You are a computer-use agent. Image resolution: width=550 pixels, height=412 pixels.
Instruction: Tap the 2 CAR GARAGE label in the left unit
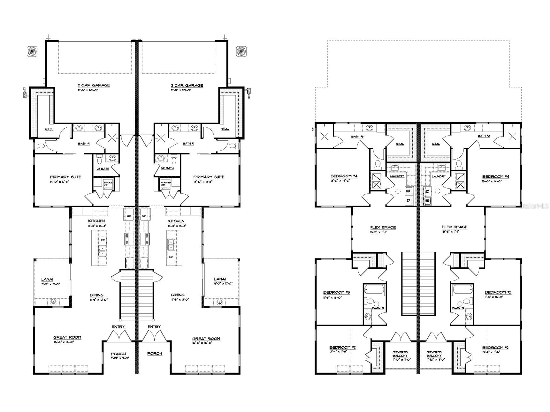click(x=94, y=85)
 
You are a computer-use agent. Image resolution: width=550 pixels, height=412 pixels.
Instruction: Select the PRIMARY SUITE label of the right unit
click(x=209, y=177)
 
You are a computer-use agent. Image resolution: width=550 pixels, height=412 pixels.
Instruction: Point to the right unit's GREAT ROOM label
click(x=206, y=339)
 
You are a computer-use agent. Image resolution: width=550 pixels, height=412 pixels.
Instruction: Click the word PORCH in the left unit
click(x=118, y=354)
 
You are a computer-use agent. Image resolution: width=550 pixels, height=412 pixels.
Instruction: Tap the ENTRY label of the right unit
click(x=154, y=327)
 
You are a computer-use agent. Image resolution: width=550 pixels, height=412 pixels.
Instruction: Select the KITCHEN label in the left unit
click(x=96, y=221)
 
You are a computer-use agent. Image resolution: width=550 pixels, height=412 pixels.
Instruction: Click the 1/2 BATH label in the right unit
click(x=167, y=168)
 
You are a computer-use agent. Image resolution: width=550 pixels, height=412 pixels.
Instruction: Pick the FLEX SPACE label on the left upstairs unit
click(x=383, y=227)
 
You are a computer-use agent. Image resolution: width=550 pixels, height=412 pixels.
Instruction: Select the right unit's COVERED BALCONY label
click(x=434, y=354)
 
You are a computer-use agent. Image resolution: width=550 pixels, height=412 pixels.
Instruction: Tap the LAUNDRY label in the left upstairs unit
click(x=397, y=176)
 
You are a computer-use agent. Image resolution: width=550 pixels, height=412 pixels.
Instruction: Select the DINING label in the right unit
click(x=178, y=295)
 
